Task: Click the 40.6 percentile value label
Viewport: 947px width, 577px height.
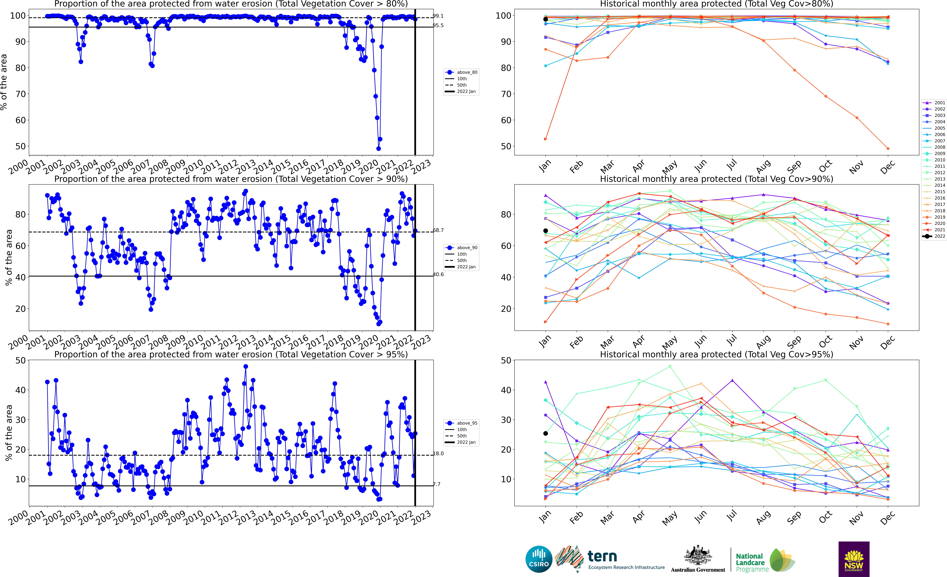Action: point(438,274)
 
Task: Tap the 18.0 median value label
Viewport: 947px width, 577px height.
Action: point(438,454)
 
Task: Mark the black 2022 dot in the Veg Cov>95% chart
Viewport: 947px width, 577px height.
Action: point(545,433)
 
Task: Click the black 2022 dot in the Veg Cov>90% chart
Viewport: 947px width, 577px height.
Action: point(545,231)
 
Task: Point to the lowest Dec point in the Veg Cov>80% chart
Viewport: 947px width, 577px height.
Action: point(888,148)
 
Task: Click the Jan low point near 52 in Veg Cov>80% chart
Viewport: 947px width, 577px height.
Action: point(545,139)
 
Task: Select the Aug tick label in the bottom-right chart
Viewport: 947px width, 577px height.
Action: point(763,519)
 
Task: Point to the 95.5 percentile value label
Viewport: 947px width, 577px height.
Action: point(438,25)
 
